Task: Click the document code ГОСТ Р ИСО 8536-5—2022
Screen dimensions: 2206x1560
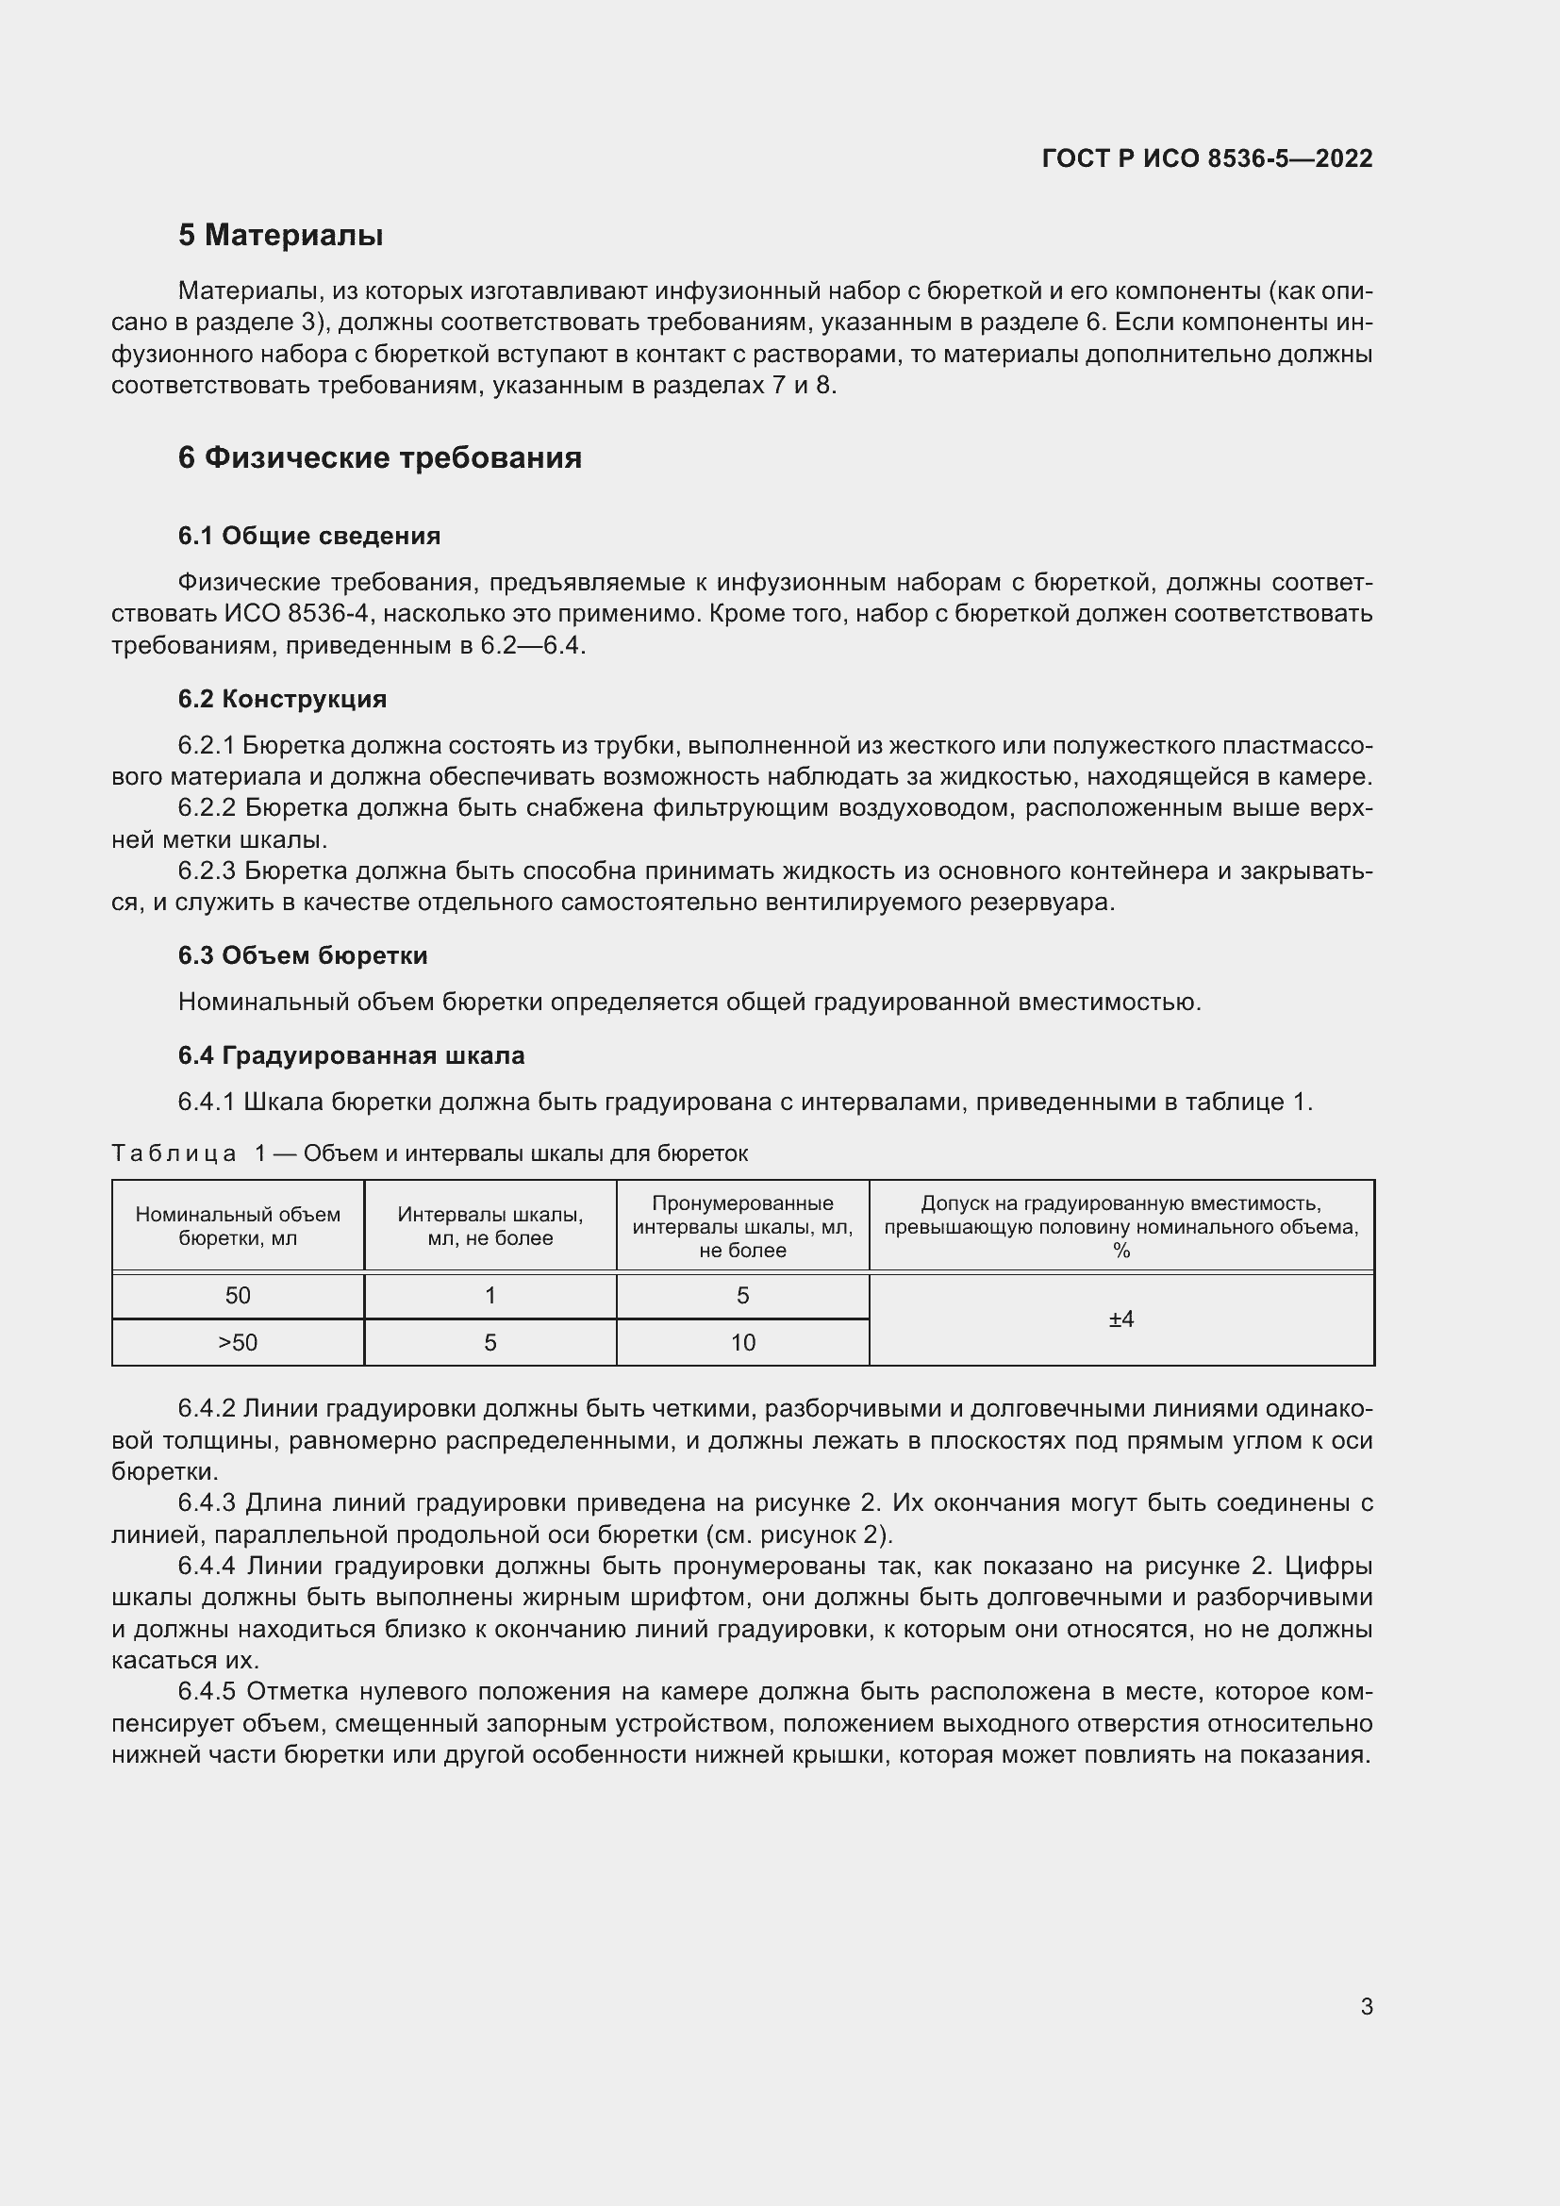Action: pyautogui.click(x=1206, y=158)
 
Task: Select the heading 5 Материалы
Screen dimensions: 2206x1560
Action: pyautogui.click(x=280, y=236)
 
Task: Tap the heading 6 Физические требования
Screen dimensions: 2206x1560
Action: pyautogui.click(x=379, y=457)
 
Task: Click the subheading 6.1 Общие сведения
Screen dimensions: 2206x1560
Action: pyautogui.click(x=308, y=536)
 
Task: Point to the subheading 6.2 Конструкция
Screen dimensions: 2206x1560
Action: pyautogui.click(x=281, y=699)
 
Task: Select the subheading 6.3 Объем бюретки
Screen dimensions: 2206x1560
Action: pyautogui.click(x=303, y=955)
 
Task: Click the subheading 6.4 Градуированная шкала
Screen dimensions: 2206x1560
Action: pyautogui.click(x=351, y=1055)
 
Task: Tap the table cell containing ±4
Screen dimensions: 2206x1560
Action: pyautogui.click(x=1121, y=1319)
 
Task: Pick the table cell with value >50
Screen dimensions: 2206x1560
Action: pyautogui.click(x=238, y=1342)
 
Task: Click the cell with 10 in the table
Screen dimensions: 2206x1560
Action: pyautogui.click(x=742, y=1342)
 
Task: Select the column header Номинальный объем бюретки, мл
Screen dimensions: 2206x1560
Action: pyautogui.click(x=238, y=1226)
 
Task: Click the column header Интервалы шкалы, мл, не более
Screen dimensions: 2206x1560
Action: pyautogui.click(x=490, y=1226)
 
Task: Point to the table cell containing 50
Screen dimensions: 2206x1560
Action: pyautogui.click(x=238, y=1295)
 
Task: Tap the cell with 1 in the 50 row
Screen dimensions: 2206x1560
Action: pyautogui.click(x=490, y=1295)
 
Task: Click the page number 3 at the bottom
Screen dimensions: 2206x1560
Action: pyautogui.click(x=1366, y=2006)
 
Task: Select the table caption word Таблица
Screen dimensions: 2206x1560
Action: pyautogui.click(x=174, y=1153)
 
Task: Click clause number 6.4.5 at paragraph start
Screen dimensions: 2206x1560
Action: pyautogui.click(x=207, y=1691)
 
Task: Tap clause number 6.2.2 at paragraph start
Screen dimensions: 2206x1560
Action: pyautogui.click(x=207, y=808)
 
